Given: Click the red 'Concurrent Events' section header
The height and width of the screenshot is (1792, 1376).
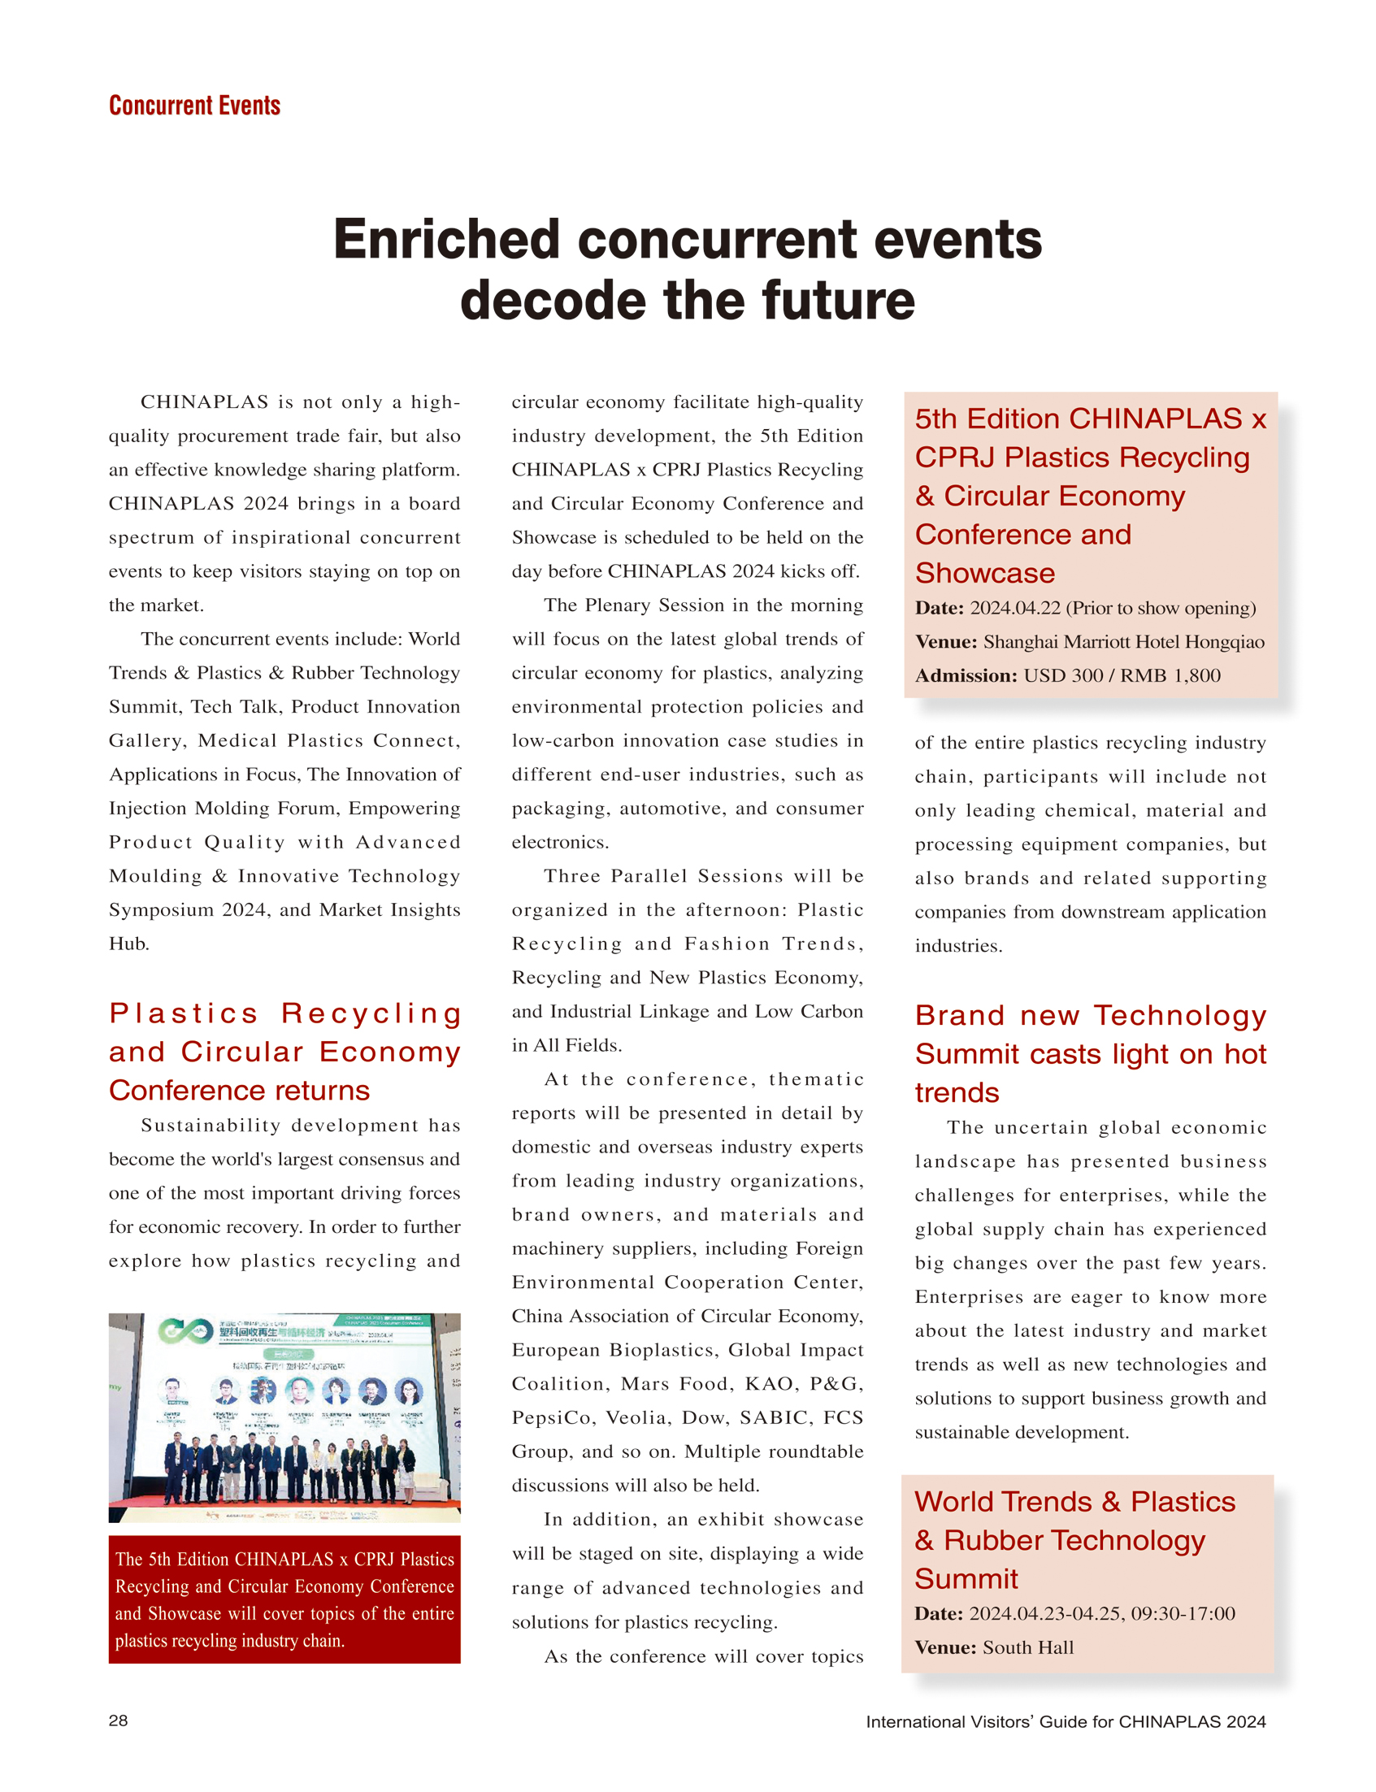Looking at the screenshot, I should [x=194, y=106].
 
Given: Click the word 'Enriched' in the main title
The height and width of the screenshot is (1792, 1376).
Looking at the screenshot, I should [x=446, y=240].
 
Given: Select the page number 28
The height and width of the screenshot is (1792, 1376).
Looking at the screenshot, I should [x=118, y=1720].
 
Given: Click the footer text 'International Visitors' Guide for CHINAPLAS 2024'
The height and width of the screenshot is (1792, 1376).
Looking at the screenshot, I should [x=1066, y=1721].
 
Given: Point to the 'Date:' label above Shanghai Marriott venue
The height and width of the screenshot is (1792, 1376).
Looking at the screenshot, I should [x=940, y=608].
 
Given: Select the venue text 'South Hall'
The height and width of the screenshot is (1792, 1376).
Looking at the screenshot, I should [x=1028, y=1647].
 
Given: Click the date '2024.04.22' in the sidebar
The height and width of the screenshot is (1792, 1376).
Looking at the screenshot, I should [x=1015, y=608].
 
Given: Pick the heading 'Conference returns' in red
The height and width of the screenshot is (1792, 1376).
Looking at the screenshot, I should [x=239, y=1090].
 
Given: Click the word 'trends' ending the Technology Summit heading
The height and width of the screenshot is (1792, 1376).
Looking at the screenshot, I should [x=957, y=1092].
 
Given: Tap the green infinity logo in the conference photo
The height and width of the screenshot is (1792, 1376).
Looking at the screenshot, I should [x=185, y=1331].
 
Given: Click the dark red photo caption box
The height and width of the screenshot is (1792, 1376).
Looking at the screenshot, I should [x=284, y=1599].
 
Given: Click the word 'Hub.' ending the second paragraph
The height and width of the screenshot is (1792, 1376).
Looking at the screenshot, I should [x=129, y=944].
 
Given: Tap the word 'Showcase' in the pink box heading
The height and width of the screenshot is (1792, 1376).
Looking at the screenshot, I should [x=984, y=573].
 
